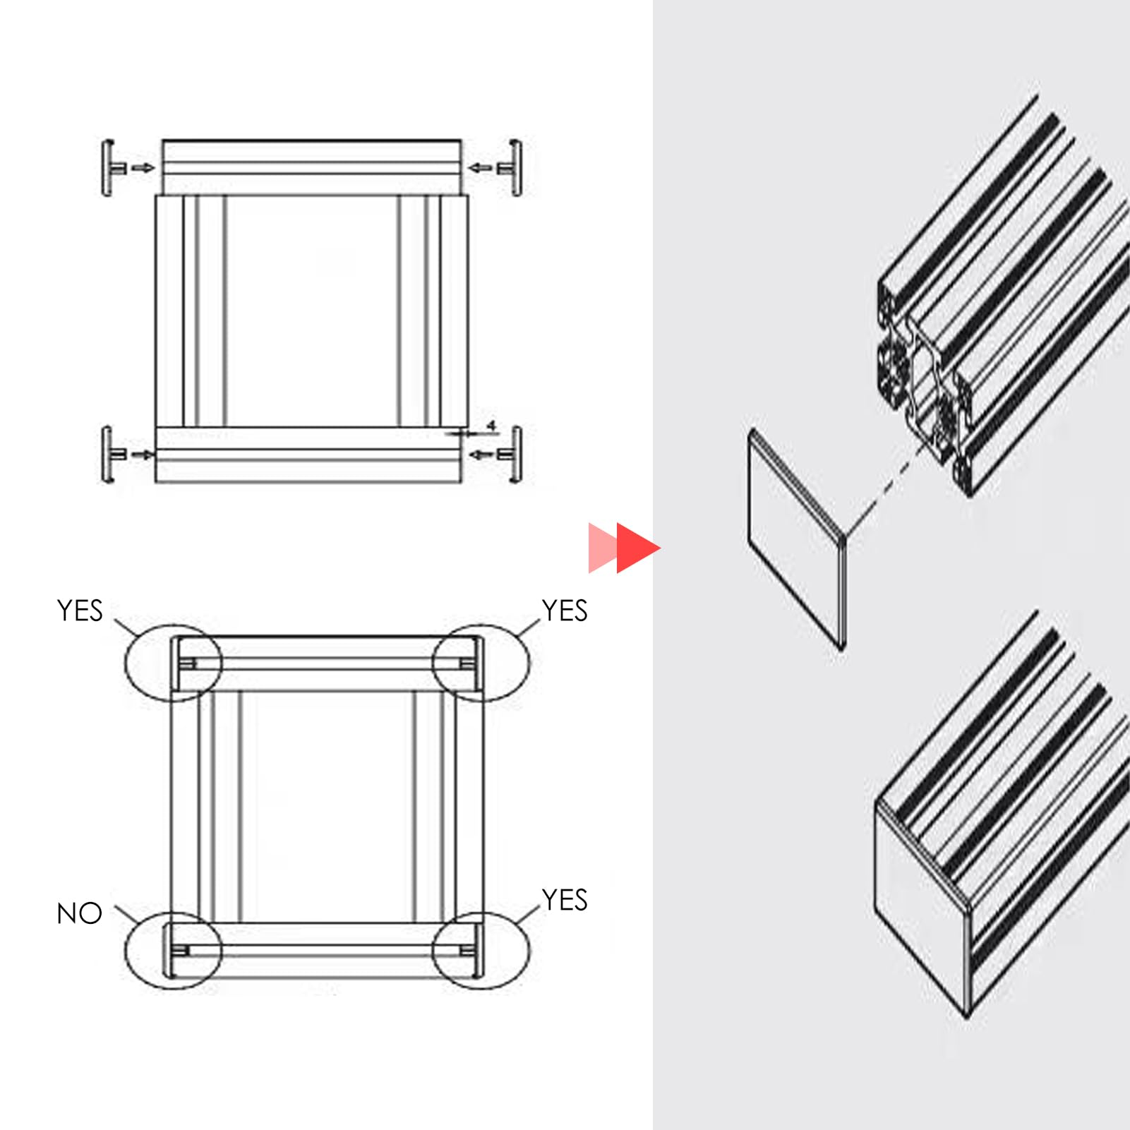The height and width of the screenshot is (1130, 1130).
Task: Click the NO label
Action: tap(79, 913)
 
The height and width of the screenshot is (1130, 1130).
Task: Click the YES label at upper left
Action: tap(80, 611)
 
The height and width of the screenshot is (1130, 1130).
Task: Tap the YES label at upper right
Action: tap(564, 611)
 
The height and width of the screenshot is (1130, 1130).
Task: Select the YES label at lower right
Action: tap(564, 900)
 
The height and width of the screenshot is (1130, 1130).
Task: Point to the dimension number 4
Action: tap(491, 426)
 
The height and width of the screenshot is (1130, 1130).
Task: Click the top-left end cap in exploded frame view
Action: tap(109, 168)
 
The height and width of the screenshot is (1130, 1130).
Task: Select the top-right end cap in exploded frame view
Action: tap(515, 168)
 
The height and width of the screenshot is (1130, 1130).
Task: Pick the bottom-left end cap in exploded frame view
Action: tap(109, 455)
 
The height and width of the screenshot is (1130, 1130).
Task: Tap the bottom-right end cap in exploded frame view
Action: tap(515, 455)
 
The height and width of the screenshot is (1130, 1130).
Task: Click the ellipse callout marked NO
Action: tap(174, 950)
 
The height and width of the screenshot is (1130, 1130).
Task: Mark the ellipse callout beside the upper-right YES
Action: tap(481, 662)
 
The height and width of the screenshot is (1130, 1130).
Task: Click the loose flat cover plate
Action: tap(796, 538)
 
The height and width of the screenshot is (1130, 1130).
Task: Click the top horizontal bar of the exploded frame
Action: tap(311, 167)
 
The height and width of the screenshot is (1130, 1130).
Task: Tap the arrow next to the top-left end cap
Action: tap(143, 168)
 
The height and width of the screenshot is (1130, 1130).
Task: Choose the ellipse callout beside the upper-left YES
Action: tap(174, 662)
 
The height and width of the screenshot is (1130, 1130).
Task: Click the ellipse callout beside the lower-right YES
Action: tap(481, 950)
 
